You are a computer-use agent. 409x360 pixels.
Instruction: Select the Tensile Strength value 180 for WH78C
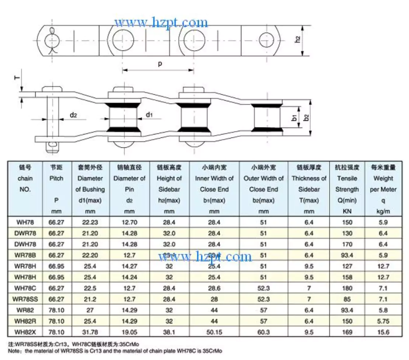click(347, 288)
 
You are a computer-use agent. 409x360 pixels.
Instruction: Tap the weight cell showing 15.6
click(383, 332)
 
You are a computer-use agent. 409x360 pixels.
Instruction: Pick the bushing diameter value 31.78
click(90, 332)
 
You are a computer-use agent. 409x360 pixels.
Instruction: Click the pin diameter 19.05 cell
click(129, 332)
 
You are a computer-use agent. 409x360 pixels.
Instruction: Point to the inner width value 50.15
click(214, 332)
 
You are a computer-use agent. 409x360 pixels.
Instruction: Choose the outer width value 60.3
click(263, 332)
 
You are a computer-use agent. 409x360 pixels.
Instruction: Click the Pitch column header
click(56, 189)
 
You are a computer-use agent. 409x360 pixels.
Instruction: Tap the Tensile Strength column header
click(347, 189)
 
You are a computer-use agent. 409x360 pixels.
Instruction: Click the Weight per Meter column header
click(383, 189)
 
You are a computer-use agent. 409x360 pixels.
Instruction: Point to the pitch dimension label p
click(160, 64)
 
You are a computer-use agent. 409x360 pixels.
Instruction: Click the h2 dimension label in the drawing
click(298, 39)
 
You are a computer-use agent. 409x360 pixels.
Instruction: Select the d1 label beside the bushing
click(149, 115)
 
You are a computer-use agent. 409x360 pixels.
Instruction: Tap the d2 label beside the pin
click(73, 115)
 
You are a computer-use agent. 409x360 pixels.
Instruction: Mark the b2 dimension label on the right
click(306, 118)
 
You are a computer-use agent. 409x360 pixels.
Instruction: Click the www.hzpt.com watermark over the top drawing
click(161, 23)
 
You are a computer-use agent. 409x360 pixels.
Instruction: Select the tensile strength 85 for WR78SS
click(347, 299)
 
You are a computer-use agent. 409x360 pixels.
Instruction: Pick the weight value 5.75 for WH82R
click(383, 321)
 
